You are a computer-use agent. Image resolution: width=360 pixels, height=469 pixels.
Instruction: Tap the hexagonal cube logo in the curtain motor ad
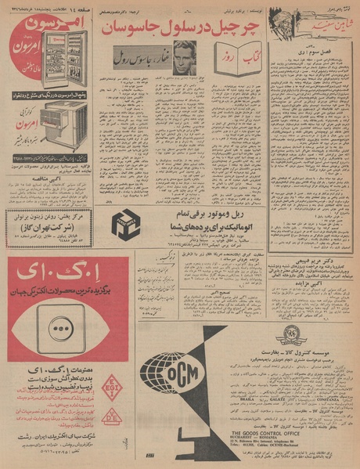(126, 225)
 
